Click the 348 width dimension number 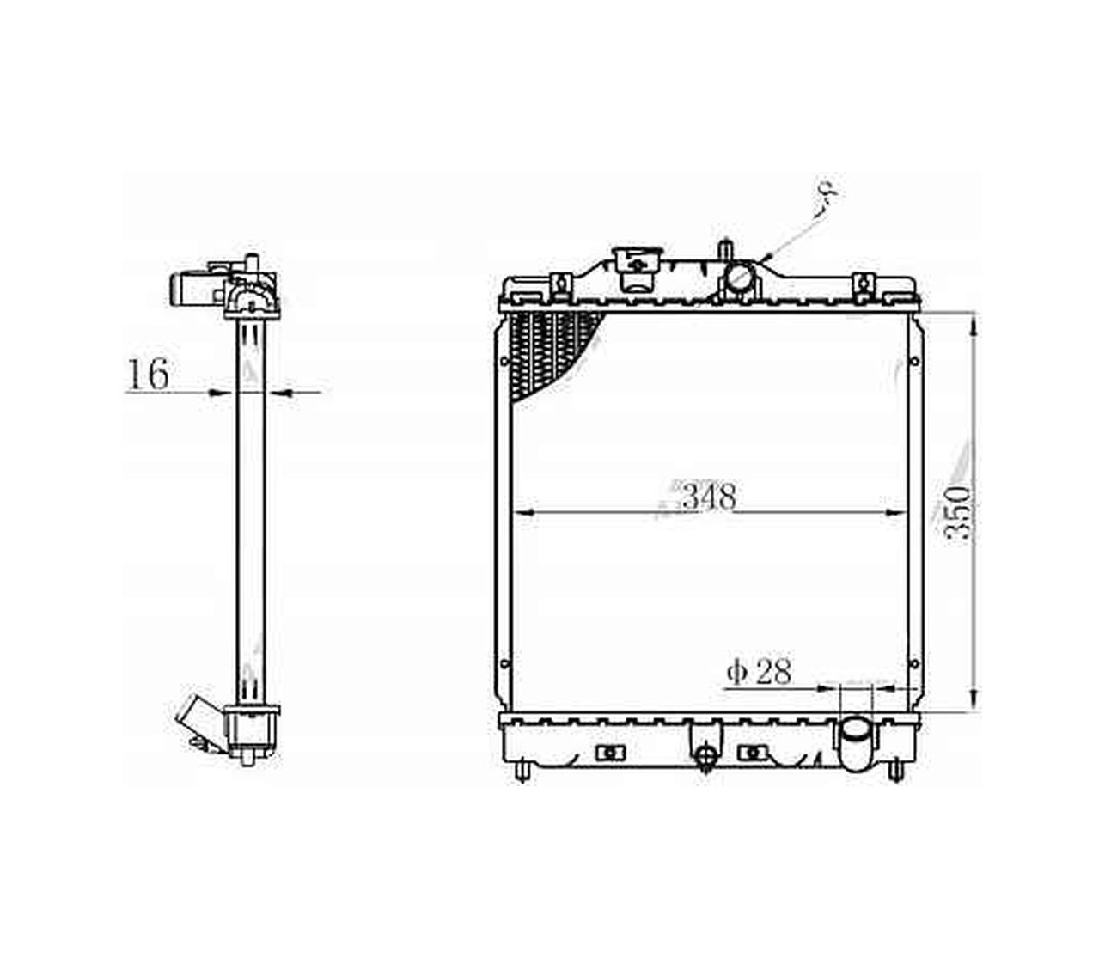point(709,497)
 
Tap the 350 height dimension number point(957,513)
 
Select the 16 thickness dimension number point(149,375)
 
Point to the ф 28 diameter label point(759,672)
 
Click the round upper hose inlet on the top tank point(740,278)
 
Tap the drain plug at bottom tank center point(705,755)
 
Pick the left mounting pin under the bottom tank point(522,771)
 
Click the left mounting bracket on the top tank point(561,284)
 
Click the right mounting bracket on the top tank point(862,284)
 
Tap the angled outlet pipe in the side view point(196,720)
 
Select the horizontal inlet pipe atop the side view point(191,289)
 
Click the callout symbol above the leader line point(827,190)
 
